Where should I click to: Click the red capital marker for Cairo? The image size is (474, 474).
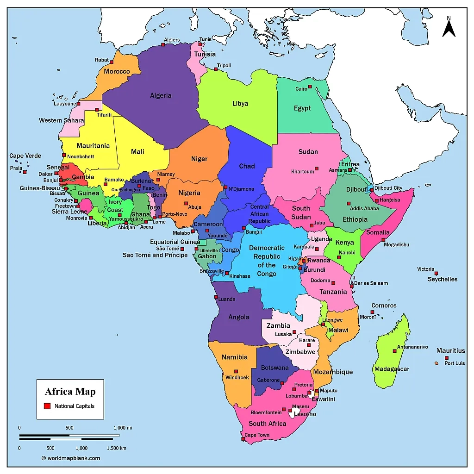pyautogui.click(x=310, y=87)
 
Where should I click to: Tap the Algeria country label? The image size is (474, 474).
pyautogui.click(x=161, y=96)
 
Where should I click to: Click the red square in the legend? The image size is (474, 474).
pyautogui.click(x=47, y=406)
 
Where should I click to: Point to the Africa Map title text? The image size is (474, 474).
pyautogui.click(x=70, y=392)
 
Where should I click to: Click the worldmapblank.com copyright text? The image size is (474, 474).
pyautogui.click(x=71, y=458)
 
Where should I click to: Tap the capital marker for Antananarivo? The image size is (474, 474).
pyautogui.click(x=394, y=351)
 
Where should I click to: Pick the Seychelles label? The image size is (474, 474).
pyautogui.click(x=443, y=279)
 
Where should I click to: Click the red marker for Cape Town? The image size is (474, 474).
pyautogui.click(x=243, y=438)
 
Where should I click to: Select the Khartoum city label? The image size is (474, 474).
pyautogui.click(x=303, y=172)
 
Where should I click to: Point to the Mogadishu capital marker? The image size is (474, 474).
pyautogui.click(x=383, y=240)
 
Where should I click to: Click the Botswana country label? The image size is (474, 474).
pyautogui.click(x=275, y=368)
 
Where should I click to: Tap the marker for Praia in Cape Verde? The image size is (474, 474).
pyautogui.click(x=25, y=172)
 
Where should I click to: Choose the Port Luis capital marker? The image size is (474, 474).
pyautogui.click(x=447, y=358)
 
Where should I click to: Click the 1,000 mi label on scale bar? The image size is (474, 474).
pyautogui.click(x=123, y=428)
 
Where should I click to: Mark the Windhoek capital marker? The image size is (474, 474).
pyautogui.click(x=236, y=371)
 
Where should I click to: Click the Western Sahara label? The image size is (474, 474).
pyautogui.click(x=62, y=120)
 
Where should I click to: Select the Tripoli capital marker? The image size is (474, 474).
pyautogui.click(x=216, y=69)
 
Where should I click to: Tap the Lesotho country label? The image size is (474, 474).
pyautogui.click(x=305, y=414)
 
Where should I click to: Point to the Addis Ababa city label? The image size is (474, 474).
pyautogui.click(x=364, y=208)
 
